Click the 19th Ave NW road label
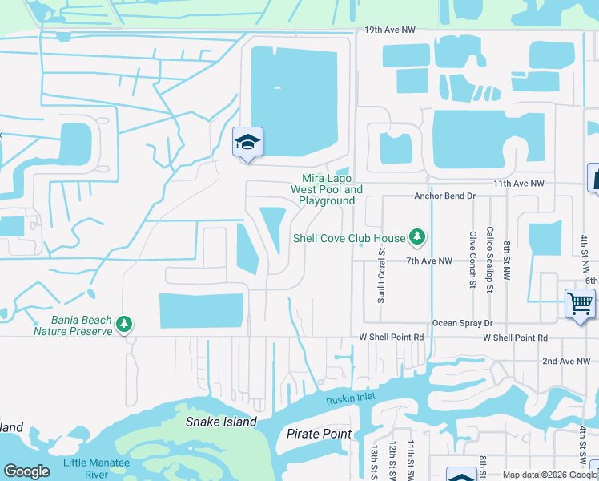[390, 30]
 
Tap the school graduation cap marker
[247, 143]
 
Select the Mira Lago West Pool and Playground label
[327, 189]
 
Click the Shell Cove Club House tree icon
[416, 236]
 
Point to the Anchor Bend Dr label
[444, 196]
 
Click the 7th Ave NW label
[429, 261]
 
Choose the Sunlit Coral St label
[382, 273]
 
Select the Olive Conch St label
[472, 259]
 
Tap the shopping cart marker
[580, 304]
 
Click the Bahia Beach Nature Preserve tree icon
[123, 324]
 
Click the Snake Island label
[221, 422]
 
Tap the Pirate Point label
[319, 434]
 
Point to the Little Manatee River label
[86, 468]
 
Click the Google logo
[26, 471]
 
